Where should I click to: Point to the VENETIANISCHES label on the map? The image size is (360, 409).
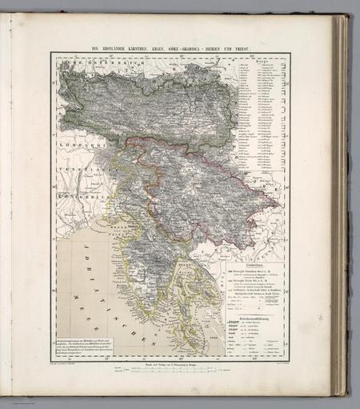point(75,158)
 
